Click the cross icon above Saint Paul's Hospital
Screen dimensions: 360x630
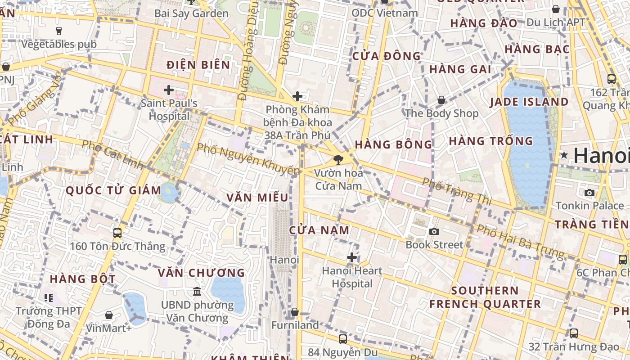(169, 90)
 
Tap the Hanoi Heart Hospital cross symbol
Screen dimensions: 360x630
(352, 257)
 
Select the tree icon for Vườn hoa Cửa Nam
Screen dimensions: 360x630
(338, 159)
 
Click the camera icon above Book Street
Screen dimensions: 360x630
(434, 231)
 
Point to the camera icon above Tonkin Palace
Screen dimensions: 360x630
(589, 193)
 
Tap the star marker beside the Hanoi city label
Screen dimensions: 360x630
(564, 155)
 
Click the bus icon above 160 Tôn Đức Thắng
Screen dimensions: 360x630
(117, 233)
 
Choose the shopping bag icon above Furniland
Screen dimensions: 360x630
(295, 312)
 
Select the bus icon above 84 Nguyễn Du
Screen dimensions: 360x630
(343, 339)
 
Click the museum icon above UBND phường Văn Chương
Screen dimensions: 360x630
(197, 292)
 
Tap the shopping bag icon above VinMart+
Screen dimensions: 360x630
(108, 315)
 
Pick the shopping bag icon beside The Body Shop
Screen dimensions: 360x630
(441, 100)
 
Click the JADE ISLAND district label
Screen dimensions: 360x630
(529, 102)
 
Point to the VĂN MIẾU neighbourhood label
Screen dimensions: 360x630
(257, 198)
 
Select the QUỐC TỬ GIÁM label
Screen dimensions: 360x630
(113, 190)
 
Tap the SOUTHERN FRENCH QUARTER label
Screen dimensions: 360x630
(485, 297)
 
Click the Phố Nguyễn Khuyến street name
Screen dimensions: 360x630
(248, 159)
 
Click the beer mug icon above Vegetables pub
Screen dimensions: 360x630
(58, 31)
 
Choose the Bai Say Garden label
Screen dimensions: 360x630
(191, 13)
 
